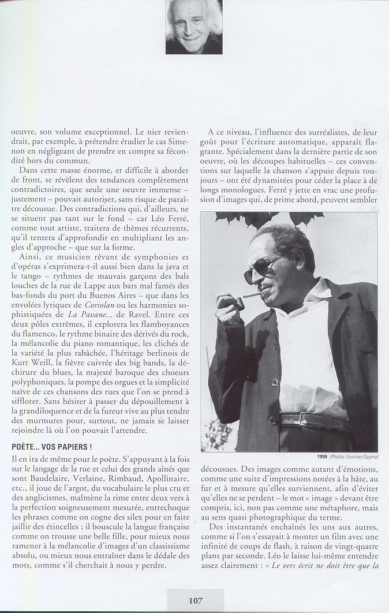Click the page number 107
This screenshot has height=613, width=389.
195,600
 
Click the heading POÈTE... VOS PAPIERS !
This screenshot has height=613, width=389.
52,447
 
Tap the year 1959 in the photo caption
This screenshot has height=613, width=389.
323,457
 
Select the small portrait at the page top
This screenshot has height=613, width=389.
194,27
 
